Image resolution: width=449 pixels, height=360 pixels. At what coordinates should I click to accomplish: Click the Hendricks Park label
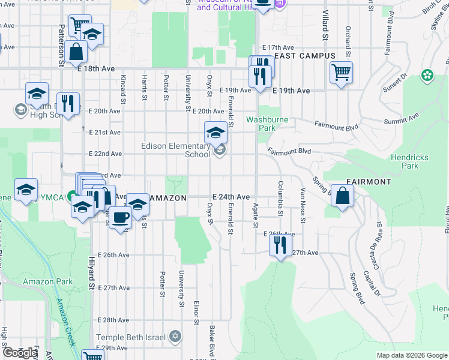(x=409, y=161)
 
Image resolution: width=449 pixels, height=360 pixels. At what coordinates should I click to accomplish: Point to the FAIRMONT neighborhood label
(x=369, y=181)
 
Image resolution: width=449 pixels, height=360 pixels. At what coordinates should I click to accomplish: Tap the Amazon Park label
(x=47, y=281)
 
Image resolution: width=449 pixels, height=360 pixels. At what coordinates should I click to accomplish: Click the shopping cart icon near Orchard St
(x=341, y=73)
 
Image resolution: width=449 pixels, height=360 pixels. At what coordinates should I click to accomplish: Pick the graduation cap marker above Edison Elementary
(x=216, y=133)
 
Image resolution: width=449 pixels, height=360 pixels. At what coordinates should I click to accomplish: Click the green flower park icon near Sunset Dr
(x=427, y=76)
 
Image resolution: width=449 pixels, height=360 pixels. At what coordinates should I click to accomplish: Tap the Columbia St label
(x=280, y=197)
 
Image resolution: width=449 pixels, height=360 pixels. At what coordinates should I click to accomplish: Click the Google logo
(x=20, y=353)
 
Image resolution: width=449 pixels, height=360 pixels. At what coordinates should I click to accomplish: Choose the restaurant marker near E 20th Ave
(x=68, y=103)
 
